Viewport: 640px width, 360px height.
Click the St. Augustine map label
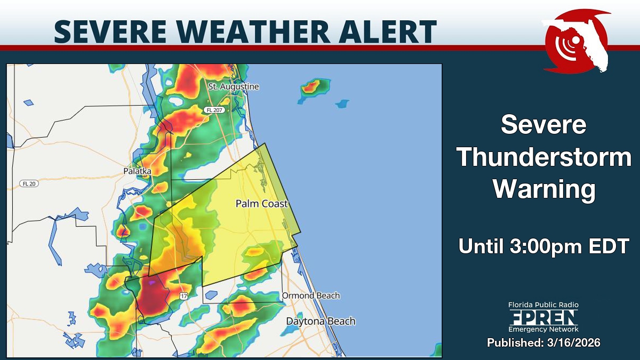pyautogui.click(x=233, y=86)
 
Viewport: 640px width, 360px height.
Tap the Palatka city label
pyautogui.click(x=137, y=171)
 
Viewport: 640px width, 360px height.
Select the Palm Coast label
pyautogui.click(x=261, y=204)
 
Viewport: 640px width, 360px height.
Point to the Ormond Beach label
pyautogui.click(x=310, y=295)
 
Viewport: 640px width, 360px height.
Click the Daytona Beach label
pyautogui.click(x=321, y=321)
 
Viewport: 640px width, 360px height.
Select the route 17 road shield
pyautogui.click(x=183, y=296)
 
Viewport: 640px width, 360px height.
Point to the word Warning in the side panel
pyautogui.click(x=543, y=189)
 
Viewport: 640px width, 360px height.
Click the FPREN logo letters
pyautogui.click(x=543, y=318)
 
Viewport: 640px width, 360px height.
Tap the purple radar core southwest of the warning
pyautogui.click(x=153, y=282)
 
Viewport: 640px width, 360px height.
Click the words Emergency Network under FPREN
pyautogui.click(x=543, y=330)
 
